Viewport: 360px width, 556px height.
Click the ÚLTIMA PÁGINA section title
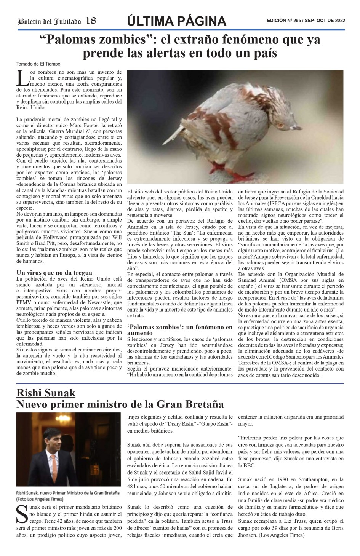coord(176,21)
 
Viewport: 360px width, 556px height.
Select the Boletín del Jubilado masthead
coord(50,22)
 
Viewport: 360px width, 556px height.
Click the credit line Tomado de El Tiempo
coord(38,64)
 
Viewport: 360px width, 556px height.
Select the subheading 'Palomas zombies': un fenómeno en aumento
coord(179,330)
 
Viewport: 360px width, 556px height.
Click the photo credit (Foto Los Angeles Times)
coord(40,499)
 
